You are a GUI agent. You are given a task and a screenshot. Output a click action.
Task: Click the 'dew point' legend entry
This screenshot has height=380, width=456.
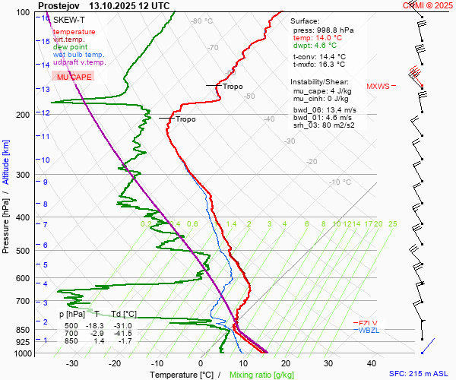click(70, 47)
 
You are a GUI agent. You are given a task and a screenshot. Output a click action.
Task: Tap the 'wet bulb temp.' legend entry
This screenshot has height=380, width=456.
click(79, 55)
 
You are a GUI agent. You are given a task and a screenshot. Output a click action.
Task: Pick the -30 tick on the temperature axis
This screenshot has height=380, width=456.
click(72, 363)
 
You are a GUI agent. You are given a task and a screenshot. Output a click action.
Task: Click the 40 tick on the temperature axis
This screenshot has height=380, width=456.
click(372, 363)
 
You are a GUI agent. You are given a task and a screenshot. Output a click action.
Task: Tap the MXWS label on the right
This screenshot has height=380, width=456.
click(377, 86)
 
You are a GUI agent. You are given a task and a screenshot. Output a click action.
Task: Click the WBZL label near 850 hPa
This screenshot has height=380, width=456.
click(369, 330)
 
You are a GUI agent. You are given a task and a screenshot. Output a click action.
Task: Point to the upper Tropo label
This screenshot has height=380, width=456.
click(233, 87)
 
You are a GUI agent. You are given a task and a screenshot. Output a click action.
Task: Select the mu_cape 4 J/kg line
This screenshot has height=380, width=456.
click(321, 90)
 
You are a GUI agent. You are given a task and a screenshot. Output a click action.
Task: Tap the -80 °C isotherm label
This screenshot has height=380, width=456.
click(202, 21)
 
